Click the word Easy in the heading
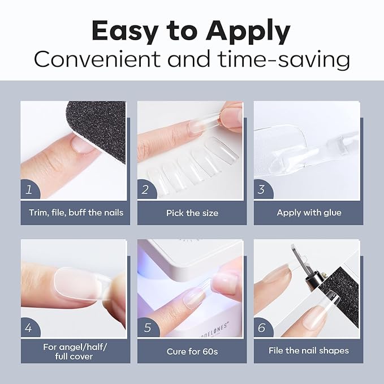(125, 32)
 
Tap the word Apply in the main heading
(248, 32)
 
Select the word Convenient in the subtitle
(97, 59)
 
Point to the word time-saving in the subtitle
(284, 60)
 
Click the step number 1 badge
(29, 190)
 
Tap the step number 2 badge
(146, 190)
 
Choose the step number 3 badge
(262, 190)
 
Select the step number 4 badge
(29, 327)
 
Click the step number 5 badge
(148, 327)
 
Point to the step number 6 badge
(263, 327)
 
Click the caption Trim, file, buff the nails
(76, 213)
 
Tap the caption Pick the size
(192, 213)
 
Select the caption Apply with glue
(309, 213)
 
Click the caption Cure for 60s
(192, 351)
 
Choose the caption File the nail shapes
(309, 351)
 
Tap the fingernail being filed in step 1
(83, 144)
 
